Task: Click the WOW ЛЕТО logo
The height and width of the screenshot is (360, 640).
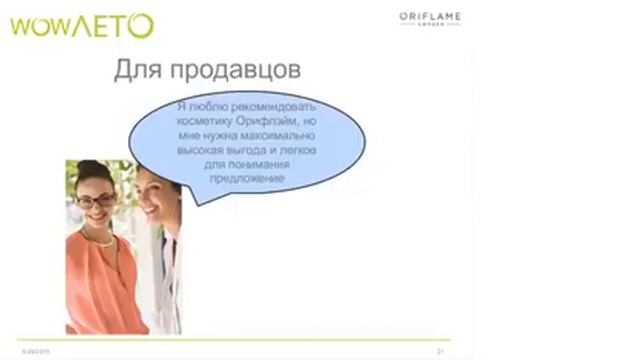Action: coord(81,25)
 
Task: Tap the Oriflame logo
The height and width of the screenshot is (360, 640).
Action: coord(429,18)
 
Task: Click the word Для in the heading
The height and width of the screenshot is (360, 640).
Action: coord(136,70)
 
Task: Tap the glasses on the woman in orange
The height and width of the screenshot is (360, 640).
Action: coord(95,200)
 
